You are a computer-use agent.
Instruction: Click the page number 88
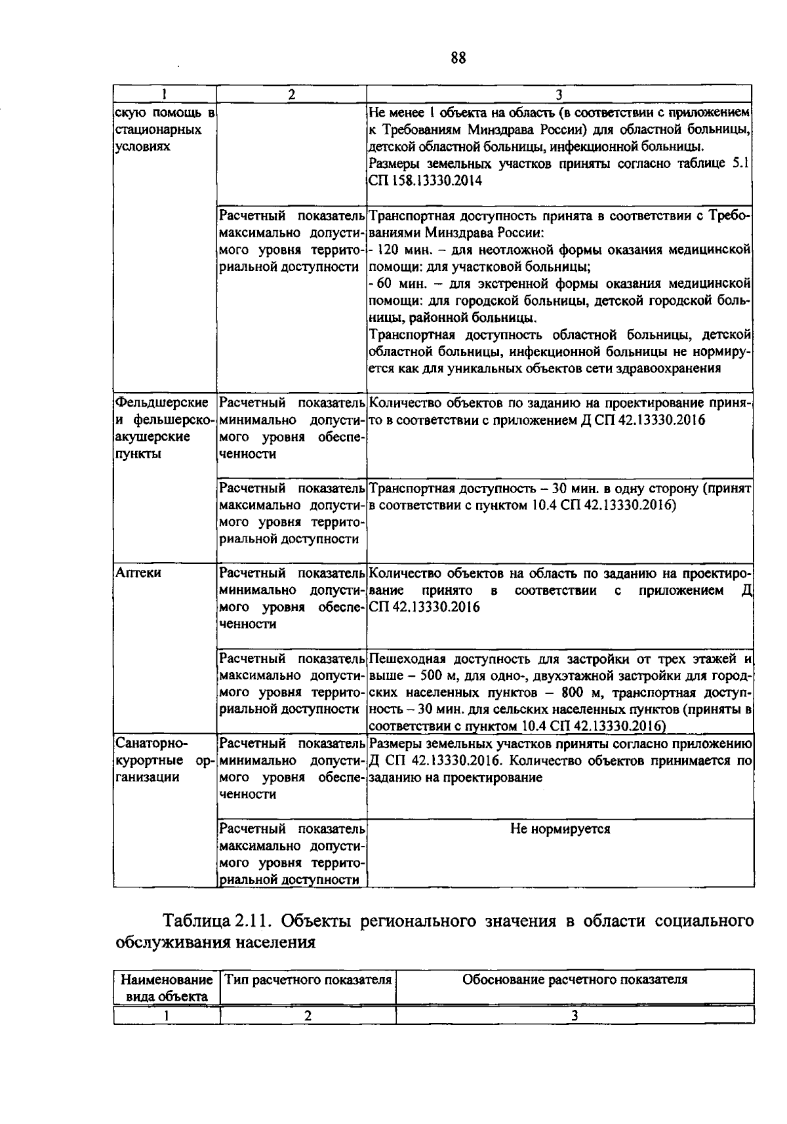pyautogui.click(x=458, y=58)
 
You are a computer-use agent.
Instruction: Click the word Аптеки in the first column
pyautogui.click(x=138, y=573)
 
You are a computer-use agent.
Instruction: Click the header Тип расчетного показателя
pyautogui.click(x=308, y=980)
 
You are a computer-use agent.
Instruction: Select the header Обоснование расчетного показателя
pyautogui.click(x=575, y=980)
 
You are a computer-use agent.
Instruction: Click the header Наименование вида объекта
pyautogui.click(x=166, y=988)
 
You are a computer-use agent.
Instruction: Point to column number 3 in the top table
pyautogui.click(x=559, y=93)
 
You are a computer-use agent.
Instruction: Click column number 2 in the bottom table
pyautogui.click(x=307, y=1016)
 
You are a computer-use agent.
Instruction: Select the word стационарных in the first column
pyautogui.click(x=158, y=129)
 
